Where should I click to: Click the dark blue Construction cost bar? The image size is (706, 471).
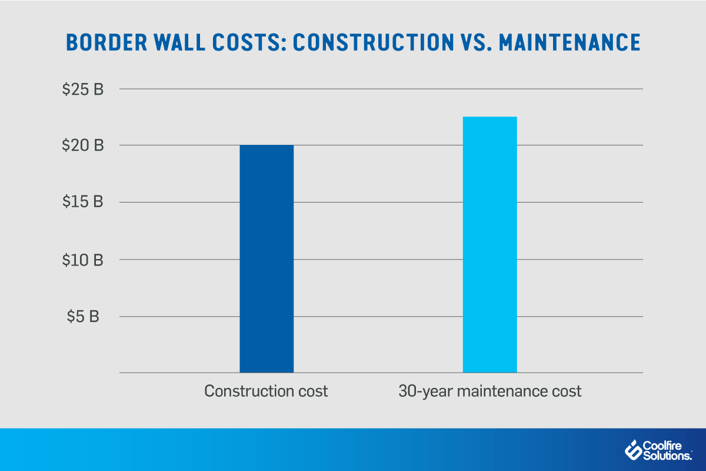tap(267, 259)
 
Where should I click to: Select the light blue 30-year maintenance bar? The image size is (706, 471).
tap(490, 245)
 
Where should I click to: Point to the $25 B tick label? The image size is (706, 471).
tap(83, 90)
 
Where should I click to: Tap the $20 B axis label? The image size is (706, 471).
tap(83, 146)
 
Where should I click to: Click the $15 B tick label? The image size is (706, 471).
tap(83, 202)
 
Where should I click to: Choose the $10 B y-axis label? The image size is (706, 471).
tap(83, 259)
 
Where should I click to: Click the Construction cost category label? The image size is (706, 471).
tap(266, 391)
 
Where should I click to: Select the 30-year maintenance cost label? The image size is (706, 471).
tap(489, 391)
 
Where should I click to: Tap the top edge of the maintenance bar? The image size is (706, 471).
tap(490, 117)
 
